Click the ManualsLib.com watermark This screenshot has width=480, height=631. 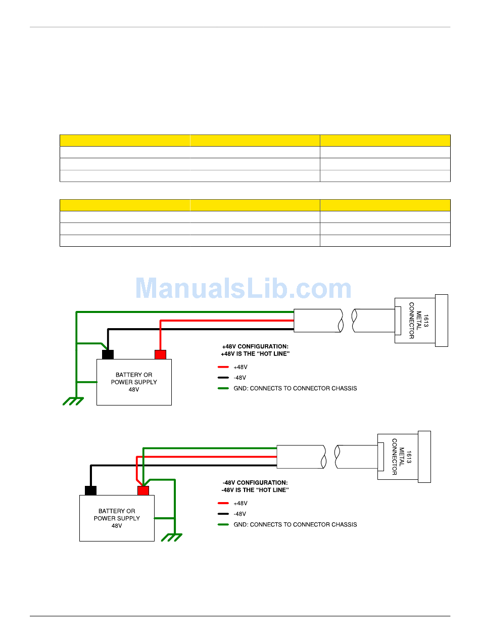point(244,289)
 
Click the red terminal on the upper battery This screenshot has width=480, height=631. point(161,354)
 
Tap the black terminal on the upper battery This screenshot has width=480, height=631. point(108,354)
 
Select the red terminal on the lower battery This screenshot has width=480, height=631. point(143,490)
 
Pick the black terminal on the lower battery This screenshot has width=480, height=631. point(90,490)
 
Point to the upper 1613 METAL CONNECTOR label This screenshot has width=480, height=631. point(418,321)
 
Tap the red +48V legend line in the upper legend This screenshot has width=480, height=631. point(223,367)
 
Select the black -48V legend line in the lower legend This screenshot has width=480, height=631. point(223,514)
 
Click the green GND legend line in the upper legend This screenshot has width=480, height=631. point(223,388)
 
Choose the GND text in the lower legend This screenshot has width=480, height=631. point(295,524)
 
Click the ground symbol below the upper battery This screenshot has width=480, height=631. point(73,401)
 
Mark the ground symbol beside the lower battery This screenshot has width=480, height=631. point(171,537)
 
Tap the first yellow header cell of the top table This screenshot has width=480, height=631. point(125,141)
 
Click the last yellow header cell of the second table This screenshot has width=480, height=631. point(385,205)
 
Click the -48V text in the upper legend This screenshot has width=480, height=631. point(240,378)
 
